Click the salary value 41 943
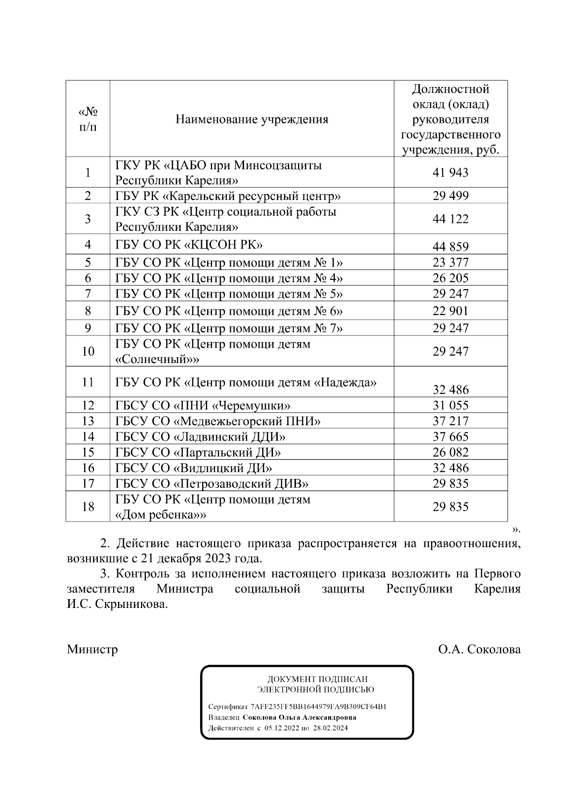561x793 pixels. (450, 173)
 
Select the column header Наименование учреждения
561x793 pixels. (252, 120)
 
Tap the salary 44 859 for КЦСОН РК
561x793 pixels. (450, 247)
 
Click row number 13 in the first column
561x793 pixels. (88, 422)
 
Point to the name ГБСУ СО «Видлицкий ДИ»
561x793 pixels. (194, 468)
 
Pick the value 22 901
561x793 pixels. (450, 311)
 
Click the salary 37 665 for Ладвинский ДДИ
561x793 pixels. (450, 437)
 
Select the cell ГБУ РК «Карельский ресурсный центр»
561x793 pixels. (228, 196)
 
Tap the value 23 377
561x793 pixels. (450, 263)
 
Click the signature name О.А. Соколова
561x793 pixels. (479, 650)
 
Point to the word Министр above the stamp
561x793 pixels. (92, 650)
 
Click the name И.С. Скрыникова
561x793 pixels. (117, 605)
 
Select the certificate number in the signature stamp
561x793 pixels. (318, 707)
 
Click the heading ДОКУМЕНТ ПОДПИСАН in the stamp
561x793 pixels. (317, 679)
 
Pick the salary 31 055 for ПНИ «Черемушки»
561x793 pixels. (450, 406)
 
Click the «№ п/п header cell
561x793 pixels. (88, 120)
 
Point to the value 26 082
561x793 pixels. (450, 452)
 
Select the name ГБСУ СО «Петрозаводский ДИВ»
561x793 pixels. (211, 484)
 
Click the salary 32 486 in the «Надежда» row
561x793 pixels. (450, 390)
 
